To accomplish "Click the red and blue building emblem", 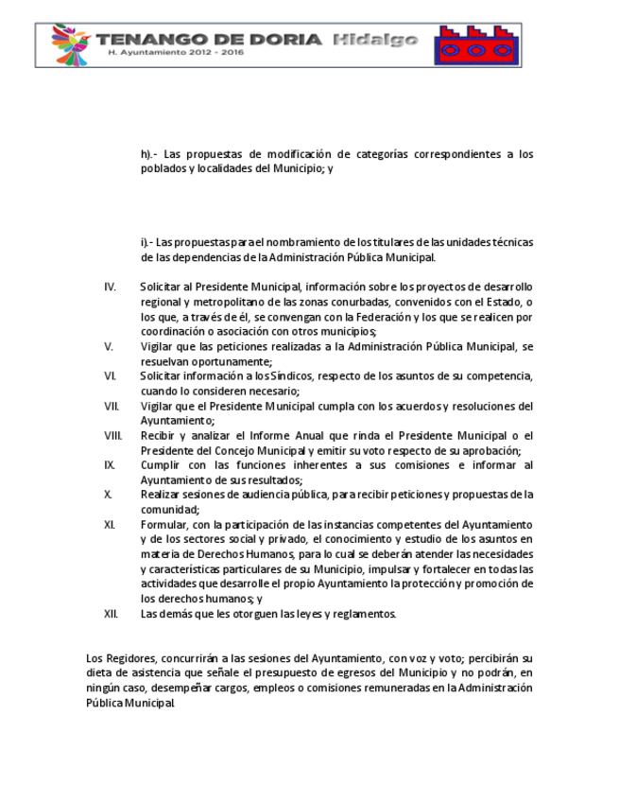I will click(475, 44).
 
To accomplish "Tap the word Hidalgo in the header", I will click(375, 39).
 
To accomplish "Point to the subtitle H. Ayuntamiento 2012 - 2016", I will click(177, 54).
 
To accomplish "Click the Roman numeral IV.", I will click(110, 287).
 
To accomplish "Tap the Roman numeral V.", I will click(108, 346).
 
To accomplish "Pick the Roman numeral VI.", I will click(110, 375).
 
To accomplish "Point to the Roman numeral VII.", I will click(111, 406).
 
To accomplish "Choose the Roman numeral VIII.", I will click(112, 435).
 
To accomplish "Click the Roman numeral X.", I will click(108, 495).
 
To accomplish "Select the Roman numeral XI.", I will click(110, 524).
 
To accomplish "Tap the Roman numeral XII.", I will click(111, 614).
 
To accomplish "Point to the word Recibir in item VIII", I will click(158, 435).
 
